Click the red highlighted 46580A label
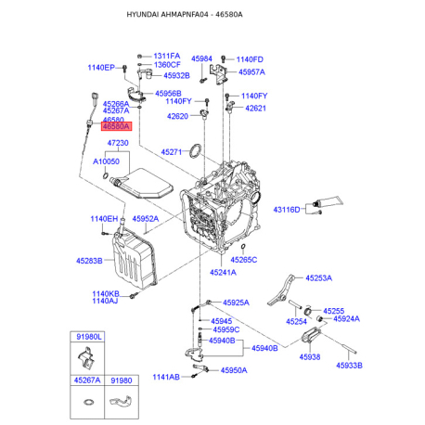pos(117,126)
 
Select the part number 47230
pos(118,143)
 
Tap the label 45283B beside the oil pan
pos(89,261)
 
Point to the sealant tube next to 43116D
pos(328,201)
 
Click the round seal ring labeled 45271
pos(196,150)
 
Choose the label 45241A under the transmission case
pos(223,273)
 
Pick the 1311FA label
pos(167,56)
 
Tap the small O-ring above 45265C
pos(243,247)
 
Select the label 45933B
pos(349,366)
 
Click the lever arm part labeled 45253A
pos(280,290)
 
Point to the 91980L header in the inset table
pos(89,337)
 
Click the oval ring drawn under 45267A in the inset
pos(88,402)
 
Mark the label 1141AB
pos(166,377)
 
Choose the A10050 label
pos(106,161)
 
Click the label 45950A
pos(234,370)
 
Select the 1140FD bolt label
pos(250,59)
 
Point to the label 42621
pos(255,109)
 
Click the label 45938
pos(310,357)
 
